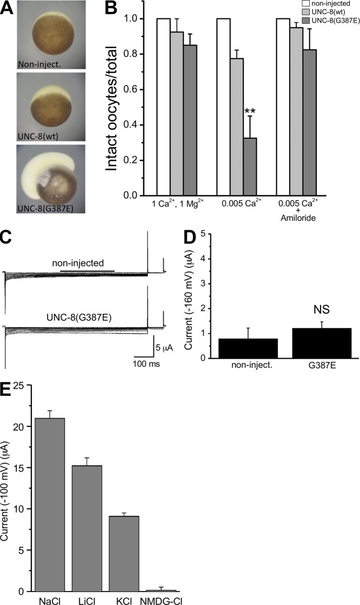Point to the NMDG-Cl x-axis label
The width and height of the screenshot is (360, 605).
(161, 600)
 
